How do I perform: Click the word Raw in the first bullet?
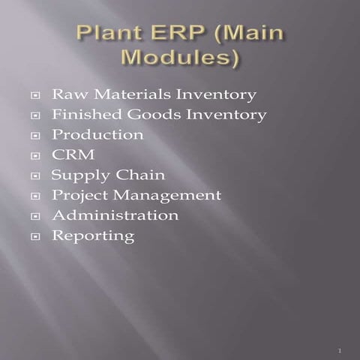pyautogui.click(x=64, y=95)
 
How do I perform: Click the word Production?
pyautogui.click(x=97, y=135)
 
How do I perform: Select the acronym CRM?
pyautogui.click(x=68, y=155)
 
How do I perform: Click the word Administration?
pyautogui.click(x=115, y=215)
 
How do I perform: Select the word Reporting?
pyautogui.click(x=93, y=236)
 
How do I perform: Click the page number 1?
pyautogui.click(x=340, y=351)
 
